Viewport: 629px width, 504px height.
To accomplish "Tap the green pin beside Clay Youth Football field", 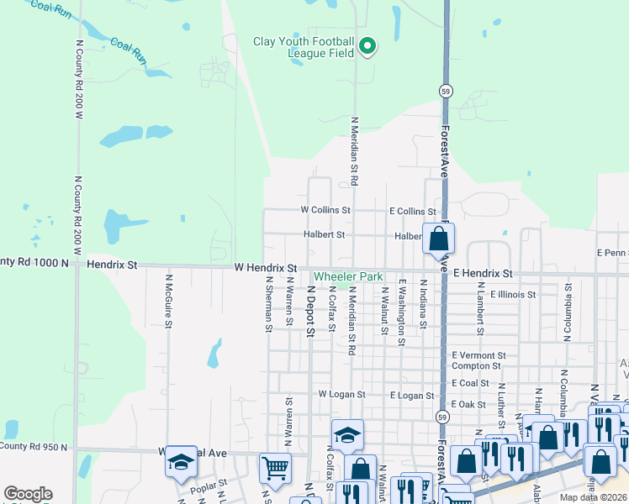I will [x=367, y=46].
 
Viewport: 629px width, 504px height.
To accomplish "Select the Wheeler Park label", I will [x=348, y=276].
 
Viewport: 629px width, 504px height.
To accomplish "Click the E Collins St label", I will [x=412, y=212].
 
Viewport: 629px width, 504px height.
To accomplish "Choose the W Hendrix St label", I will [x=266, y=268].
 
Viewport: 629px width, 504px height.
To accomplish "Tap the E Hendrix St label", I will [x=483, y=274].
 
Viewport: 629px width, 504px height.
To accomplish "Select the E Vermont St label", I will [x=478, y=355].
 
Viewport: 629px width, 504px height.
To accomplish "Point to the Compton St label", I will [x=477, y=365].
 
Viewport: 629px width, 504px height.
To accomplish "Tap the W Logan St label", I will [x=341, y=394].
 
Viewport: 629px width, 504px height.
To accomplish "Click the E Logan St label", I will [x=412, y=395].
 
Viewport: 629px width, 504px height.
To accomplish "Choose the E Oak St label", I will [x=468, y=404].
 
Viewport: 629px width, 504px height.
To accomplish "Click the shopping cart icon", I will [x=275, y=467].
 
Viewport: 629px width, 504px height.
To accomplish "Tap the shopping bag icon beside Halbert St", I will [x=438, y=239].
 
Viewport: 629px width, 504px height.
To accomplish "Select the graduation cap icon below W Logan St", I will [x=346, y=434].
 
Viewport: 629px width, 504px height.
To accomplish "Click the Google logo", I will [x=29, y=494].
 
